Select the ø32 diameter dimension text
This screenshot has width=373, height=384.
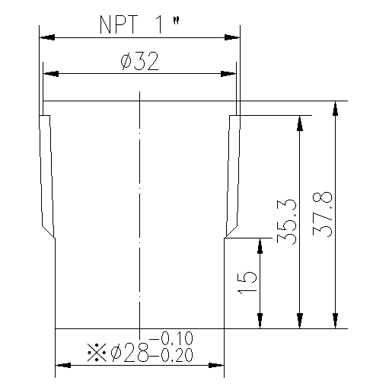(139, 62)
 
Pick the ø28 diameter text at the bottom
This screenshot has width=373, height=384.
(131, 352)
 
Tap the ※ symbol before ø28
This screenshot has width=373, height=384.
(97, 352)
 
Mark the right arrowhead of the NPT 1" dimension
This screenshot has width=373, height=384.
(235, 36)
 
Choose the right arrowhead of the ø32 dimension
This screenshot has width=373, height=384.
(230, 74)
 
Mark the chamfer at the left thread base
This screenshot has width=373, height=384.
(48, 230)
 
